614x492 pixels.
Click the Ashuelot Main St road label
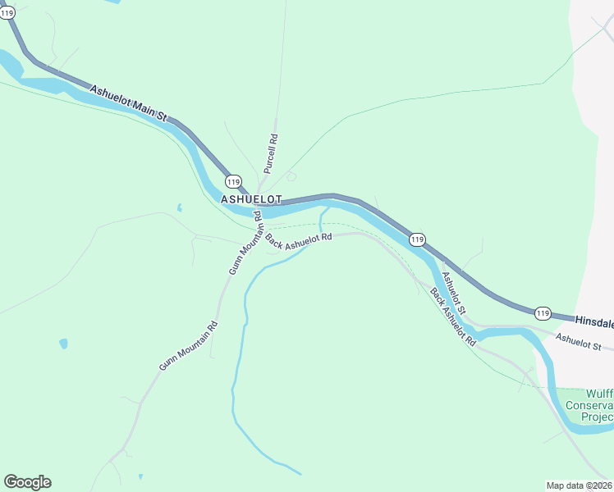click(128, 103)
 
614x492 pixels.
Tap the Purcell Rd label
click(270, 153)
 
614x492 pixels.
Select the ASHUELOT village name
click(251, 199)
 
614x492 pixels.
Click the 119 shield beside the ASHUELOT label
click(233, 181)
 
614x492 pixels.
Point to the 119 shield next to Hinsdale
click(543, 312)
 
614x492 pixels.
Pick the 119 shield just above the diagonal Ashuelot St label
click(417, 239)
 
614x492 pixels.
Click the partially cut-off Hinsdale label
click(593, 322)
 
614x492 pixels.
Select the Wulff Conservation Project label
click(598, 405)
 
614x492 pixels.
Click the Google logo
click(27, 481)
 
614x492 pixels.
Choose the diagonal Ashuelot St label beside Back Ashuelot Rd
click(453, 294)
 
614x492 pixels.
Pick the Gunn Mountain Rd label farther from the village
click(188, 345)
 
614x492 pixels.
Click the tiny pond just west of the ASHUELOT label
click(179, 207)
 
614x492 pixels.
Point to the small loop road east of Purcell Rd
click(291, 176)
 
